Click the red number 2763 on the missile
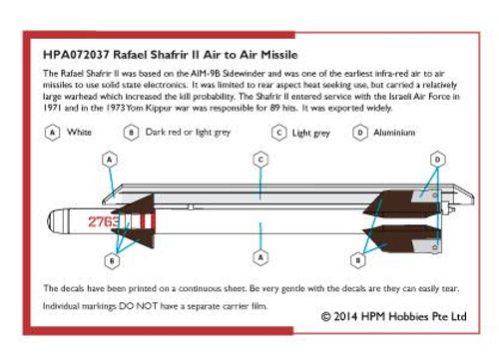[104, 221]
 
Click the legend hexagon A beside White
[52, 133]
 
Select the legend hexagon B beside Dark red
[131, 133]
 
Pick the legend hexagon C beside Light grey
[279, 133]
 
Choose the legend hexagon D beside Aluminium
[360, 133]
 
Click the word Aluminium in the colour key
[394, 133]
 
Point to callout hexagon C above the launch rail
[260, 160]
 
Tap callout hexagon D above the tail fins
[437, 160]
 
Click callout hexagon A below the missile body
[260, 257]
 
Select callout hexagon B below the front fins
[112, 260]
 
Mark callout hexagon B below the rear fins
[358, 260]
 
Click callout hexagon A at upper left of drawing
[110, 160]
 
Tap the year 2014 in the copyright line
[345, 316]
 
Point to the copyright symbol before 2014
[326, 316]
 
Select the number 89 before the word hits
[274, 108]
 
